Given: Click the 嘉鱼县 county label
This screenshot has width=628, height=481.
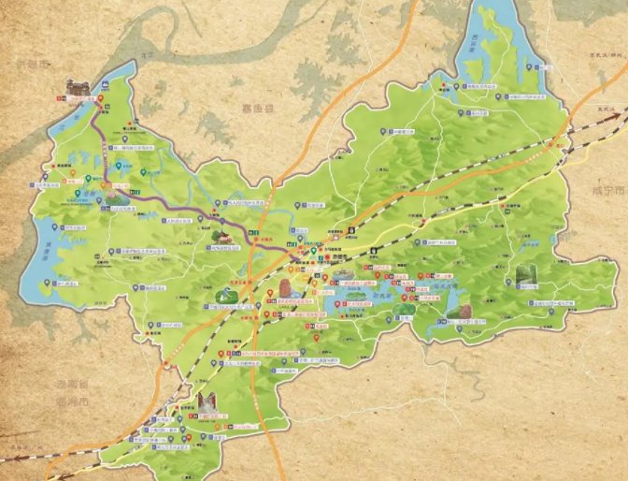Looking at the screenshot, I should pos(255,109).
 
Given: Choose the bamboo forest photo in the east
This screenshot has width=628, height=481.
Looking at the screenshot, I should pos(527,277).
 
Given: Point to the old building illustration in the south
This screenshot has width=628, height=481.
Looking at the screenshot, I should pos(207,403).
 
